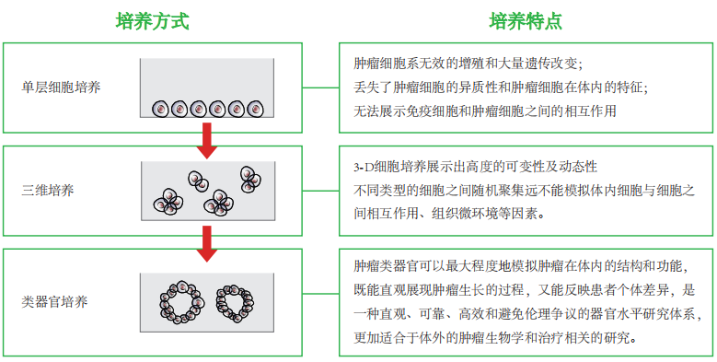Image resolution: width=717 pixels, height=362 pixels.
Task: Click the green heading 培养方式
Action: pyautogui.click(x=152, y=21)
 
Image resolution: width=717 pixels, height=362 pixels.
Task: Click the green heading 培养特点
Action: pyautogui.click(x=526, y=21)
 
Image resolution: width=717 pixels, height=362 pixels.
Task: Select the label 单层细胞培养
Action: pyautogui.click(x=61, y=88)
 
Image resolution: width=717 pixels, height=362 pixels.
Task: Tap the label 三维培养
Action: pyautogui.click(x=48, y=191)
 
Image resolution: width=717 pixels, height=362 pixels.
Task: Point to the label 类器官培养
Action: pyautogui.click(x=54, y=302)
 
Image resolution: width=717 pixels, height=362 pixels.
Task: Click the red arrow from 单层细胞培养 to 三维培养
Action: pyautogui.click(x=207, y=141)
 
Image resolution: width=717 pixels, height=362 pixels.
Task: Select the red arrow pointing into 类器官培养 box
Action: pyautogui.click(x=207, y=244)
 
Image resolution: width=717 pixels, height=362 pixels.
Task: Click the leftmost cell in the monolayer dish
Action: pyautogui.click(x=160, y=109)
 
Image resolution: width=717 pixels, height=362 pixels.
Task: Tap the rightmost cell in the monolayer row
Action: pyautogui.click(x=256, y=109)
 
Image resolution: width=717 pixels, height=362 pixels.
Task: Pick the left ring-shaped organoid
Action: pyautogui.click(x=164, y=302)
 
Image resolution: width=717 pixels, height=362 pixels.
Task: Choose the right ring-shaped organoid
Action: pyautogui.click(x=218, y=303)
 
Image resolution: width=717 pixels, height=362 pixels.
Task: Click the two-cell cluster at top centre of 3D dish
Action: pyautogui.click(x=198, y=181)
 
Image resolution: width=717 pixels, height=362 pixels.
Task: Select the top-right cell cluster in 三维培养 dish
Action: pyautogui.click(x=249, y=179)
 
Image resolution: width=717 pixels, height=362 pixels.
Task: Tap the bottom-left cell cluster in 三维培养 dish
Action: pyautogui.click(x=168, y=203)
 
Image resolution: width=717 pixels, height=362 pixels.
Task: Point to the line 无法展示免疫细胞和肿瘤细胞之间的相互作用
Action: pyautogui.click(x=485, y=111)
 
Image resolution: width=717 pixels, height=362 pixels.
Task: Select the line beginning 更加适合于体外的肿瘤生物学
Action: pyautogui.click(x=495, y=339)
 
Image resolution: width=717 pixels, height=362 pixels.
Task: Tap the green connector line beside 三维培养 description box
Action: pyautogui.click(x=320, y=191)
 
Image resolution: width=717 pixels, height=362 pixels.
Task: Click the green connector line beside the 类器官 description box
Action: pyautogui.click(x=320, y=293)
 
